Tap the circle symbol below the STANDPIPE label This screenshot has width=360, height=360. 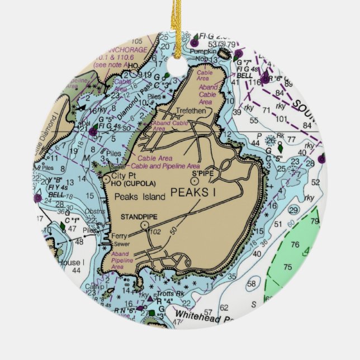pyautogui.click(x=145, y=225)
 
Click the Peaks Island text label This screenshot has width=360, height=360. pyautogui.click(x=140, y=197)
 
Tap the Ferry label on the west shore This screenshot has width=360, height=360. pyautogui.click(x=119, y=236)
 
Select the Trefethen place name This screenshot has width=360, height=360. pyautogui.click(x=191, y=111)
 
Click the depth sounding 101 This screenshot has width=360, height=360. pyautogui.click(x=281, y=119)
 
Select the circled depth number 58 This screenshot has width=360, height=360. pyautogui.click(x=252, y=283)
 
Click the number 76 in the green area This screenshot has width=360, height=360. pyautogui.click(x=295, y=244)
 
